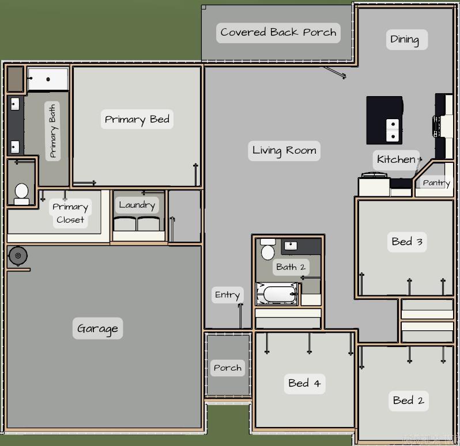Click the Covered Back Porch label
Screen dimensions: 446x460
point(278,32)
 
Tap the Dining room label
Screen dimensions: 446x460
point(405,39)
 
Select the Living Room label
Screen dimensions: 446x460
point(284,151)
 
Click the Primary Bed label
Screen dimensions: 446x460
point(137,119)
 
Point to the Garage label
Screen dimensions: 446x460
point(97,329)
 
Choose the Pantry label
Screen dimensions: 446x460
point(436,182)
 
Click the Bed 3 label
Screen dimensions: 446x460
point(407,242)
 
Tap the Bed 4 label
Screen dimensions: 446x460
point(304,383)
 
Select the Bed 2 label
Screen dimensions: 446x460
point(408,400)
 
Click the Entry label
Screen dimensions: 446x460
point(227,295)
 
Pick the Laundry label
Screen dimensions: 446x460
point(137,204)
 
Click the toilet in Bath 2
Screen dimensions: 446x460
point(267,251)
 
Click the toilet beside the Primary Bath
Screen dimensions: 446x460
point(22,193)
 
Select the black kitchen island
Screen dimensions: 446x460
point(384,120)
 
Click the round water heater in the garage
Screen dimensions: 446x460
point(18,256)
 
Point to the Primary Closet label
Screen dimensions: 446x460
point(70,213)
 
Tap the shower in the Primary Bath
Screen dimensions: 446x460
point(48,79)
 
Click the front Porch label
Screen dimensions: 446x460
point(228,368)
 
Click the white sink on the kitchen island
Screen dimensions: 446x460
point(393,130)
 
